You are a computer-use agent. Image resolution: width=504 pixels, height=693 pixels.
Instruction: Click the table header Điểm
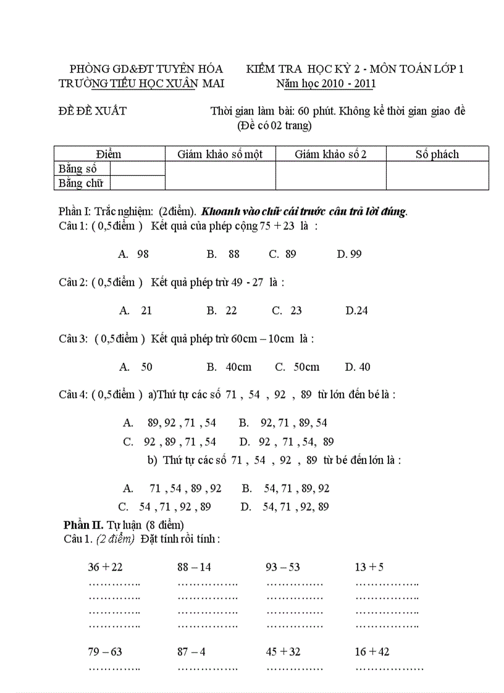pos(109,154)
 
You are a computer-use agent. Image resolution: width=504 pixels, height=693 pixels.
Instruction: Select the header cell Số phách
pos(437,154)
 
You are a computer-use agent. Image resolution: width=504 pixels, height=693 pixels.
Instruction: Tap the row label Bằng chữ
pos(80,183)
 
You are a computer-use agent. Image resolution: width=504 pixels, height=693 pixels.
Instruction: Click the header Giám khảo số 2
pos(330,154)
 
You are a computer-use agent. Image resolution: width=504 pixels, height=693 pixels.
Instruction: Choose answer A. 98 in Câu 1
pos(134,254)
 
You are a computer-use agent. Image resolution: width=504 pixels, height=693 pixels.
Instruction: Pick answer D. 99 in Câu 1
pos(350,254)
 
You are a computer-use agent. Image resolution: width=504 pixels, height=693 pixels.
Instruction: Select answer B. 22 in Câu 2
pos(222,310)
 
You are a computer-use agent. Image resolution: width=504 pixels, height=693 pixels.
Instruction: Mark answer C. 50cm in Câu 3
pos(297,367)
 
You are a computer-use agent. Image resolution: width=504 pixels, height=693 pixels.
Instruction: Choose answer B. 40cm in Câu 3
pos(229,367)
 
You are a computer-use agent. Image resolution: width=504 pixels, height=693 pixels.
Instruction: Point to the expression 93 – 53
pos(283,567)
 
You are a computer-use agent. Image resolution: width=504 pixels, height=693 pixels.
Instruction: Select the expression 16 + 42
pos(372,652)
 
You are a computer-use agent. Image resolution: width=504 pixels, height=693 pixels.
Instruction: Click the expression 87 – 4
pos(191,652)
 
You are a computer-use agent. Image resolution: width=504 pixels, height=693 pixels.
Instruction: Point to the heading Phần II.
pos(83,525)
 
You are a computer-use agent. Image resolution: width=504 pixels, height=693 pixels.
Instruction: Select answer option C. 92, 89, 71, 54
pos(170,442)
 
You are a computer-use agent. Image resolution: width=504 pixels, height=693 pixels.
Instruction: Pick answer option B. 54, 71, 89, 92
pos(286,489)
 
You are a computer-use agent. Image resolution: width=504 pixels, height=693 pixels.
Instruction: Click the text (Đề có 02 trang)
pos(274,127)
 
